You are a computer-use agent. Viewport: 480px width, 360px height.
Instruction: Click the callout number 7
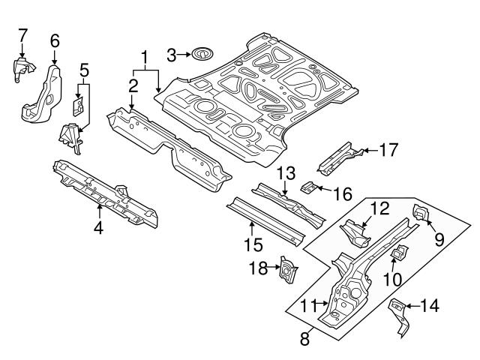[x=22, y=34]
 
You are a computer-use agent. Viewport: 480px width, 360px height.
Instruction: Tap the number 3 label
[x=171, y=54]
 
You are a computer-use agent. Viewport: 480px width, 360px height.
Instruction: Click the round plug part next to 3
[x=201, y=53]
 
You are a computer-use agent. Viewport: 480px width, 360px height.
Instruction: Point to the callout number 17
[x=388, y=150]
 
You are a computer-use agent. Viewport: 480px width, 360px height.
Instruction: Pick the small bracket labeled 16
[x=308, y=187]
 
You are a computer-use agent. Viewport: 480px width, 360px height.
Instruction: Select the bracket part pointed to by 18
[x=286, y=268]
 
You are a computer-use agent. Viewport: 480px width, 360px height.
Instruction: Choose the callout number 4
[x=98, y=228]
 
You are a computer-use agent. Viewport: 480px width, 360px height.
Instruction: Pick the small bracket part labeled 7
[x=21, y=67]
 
